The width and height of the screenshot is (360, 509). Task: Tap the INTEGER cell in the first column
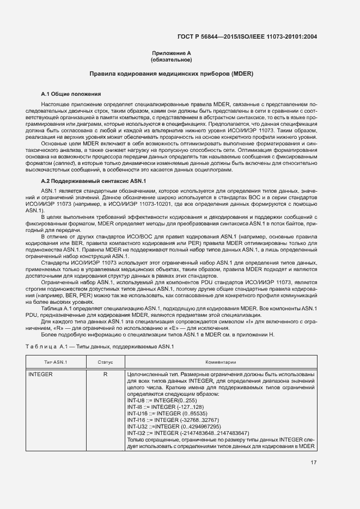40,375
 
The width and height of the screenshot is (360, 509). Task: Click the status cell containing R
105,375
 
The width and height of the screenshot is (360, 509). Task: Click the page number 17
313,463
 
